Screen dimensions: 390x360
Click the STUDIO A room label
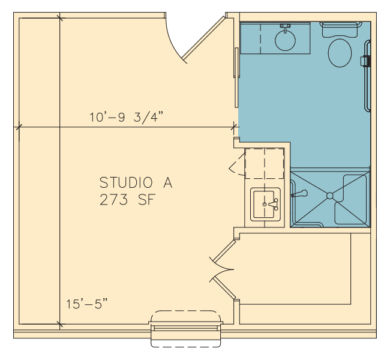[x=136, y=182]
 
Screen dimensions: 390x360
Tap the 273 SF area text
[x=128, y=200]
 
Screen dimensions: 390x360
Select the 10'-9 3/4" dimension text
[x=127, y=117]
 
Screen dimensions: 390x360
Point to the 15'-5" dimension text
[x=87, y=304]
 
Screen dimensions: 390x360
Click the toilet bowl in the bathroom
[x=340, y=53]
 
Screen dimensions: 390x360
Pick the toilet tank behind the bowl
[x=341, y=29]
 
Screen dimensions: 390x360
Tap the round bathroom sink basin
[x=285, y=41]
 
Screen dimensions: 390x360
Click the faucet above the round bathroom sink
[x=285, y=27]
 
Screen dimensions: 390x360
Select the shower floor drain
[x=330, y=196]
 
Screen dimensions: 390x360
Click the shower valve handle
[x=300, y=194]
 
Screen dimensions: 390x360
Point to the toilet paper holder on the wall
[x=365, y=61]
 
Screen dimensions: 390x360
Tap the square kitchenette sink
[x=265, y=204]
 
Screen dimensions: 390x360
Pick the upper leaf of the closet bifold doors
[x=223, y=253]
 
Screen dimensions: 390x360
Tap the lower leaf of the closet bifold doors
[x=223, y=286]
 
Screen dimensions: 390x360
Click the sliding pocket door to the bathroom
[x=236, y=77]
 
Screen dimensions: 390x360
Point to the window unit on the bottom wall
[x=186, y=329]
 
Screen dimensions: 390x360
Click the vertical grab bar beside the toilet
[x=367, y=76]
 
